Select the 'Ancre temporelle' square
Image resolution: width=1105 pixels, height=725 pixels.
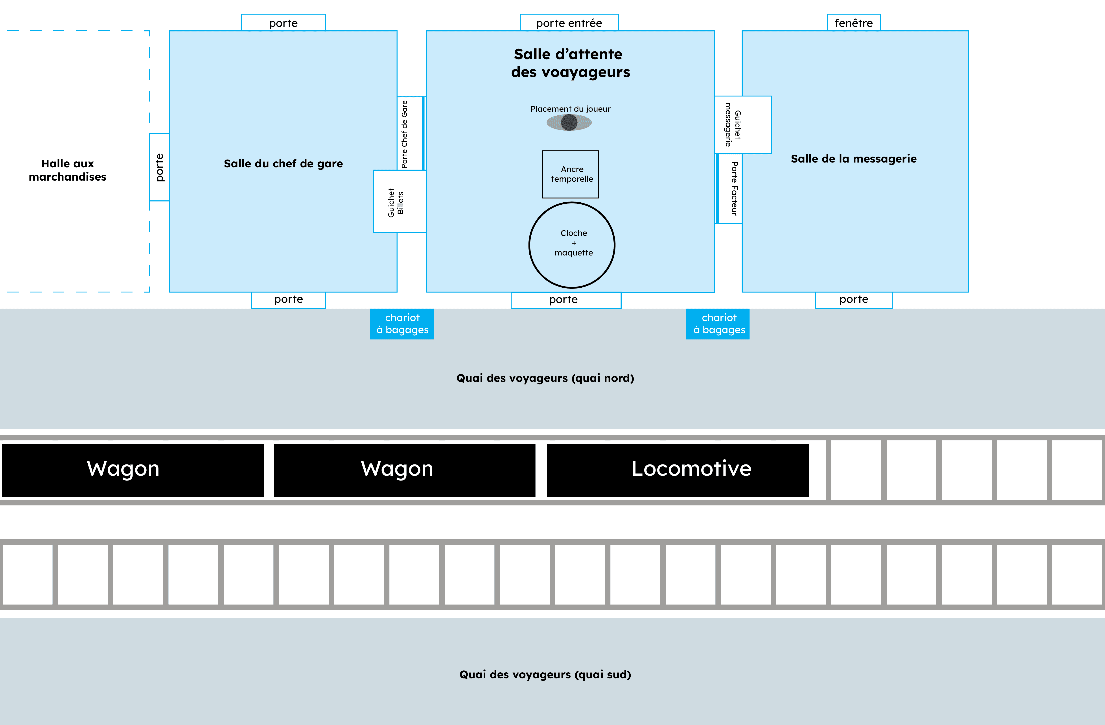point(571,174)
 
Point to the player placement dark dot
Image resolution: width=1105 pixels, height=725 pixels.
point(569,123)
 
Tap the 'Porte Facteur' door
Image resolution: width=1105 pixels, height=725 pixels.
point(729,189)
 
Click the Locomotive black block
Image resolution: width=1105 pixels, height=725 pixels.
point(678,470)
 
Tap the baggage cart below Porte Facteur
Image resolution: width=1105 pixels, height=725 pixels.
point(717,324)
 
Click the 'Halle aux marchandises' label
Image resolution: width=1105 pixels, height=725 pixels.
point(68,170)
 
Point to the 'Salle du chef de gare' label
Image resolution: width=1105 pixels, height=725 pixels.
point(283,163)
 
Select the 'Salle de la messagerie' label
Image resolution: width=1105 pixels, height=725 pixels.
point(853,159)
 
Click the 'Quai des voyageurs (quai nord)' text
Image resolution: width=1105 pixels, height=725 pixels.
point(545,378)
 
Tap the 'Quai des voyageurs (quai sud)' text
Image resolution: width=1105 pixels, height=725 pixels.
point(545,674)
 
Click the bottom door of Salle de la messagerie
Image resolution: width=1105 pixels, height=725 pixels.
point(853,300)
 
